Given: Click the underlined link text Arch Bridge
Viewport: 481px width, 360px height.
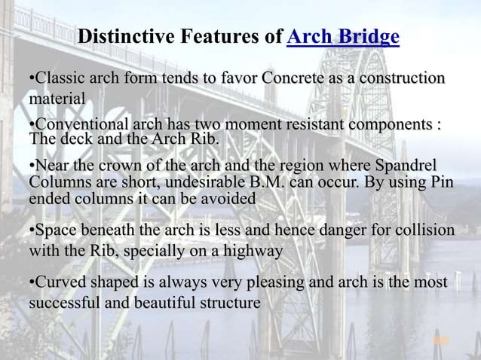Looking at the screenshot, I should (343, 36).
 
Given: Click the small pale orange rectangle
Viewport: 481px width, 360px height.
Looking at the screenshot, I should (442, 341).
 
